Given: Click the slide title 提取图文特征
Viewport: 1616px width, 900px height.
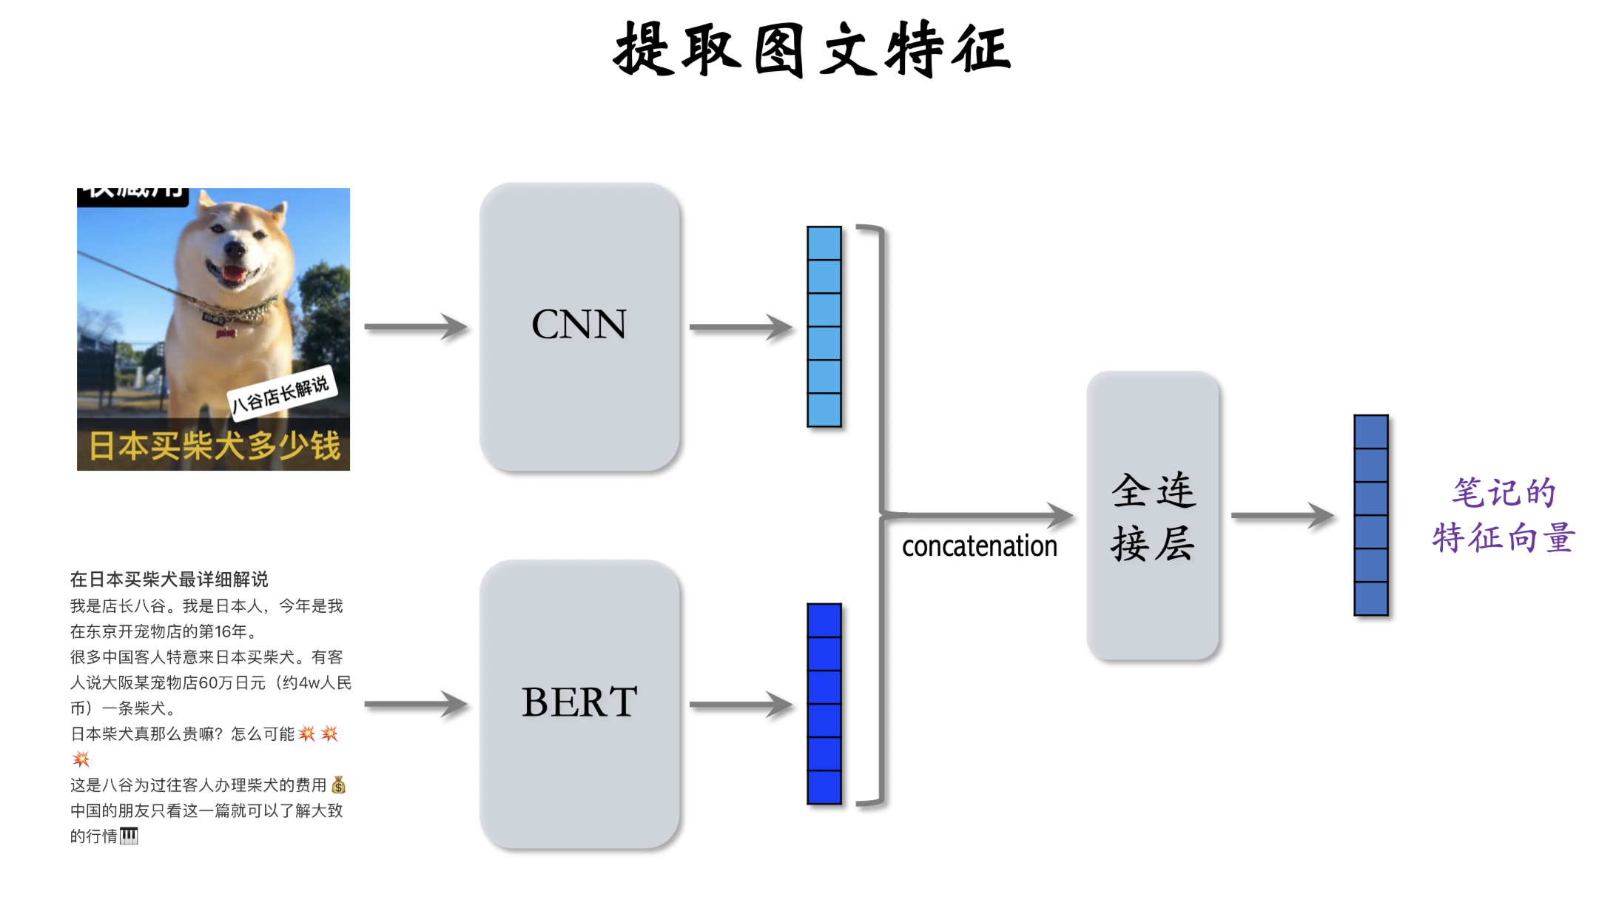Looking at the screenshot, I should [812, 50].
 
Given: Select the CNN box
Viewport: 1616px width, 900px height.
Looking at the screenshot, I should [579, 326].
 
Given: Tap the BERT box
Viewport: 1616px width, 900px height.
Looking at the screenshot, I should [579, 703].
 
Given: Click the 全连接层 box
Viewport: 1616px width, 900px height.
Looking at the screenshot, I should [1152, 516].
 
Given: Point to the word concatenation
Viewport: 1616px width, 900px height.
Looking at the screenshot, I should [979, 546].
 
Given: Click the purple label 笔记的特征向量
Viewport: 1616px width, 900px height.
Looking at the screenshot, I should [1503, 516].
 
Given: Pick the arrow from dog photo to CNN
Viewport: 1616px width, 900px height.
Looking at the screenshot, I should [416, 326].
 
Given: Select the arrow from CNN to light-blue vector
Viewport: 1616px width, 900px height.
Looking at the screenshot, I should [741, 326].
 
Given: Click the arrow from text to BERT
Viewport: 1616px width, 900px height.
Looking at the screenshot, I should [416, 704].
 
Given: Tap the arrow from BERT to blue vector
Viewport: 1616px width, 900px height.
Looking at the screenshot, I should [741, 704].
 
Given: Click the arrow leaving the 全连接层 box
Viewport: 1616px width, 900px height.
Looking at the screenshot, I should [1282, 515].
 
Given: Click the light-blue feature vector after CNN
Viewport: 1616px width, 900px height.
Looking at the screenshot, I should [824, 326].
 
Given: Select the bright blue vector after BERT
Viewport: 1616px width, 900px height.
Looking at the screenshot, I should [824, 703].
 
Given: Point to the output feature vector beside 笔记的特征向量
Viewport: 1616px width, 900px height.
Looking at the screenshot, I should [1370, 515].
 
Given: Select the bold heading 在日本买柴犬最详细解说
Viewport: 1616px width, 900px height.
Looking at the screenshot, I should [169, 579].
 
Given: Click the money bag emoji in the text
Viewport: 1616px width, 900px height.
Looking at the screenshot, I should [338, 785].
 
